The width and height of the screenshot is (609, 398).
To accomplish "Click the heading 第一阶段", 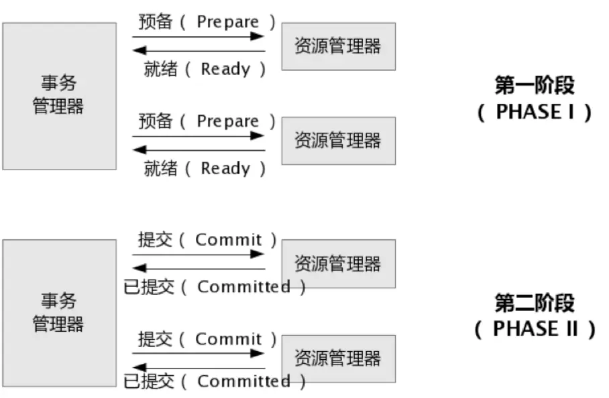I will click(534, 85).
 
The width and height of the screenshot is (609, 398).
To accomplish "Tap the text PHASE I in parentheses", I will click(534, 111).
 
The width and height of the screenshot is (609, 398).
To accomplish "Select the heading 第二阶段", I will click(534, 303).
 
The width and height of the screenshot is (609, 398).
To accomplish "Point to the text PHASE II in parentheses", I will click(534, 329).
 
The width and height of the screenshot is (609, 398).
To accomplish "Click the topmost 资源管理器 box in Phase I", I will click(338, 46).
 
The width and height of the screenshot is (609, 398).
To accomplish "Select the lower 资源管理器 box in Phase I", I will click(338, 141).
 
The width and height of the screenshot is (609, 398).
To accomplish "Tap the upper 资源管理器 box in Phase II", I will click(338, 263).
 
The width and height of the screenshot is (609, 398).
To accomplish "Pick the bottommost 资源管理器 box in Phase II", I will click(338, 358).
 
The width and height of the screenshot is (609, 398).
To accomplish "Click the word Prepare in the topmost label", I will click(227, 21).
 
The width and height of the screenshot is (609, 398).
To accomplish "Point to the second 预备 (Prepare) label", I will click(207, 121).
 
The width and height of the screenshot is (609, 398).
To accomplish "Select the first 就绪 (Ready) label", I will click(205, 69).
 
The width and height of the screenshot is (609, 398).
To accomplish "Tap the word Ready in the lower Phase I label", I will click(225, 168).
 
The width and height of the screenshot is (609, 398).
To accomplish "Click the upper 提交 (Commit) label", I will click(207, 240).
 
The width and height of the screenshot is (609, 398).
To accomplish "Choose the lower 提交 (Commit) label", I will click(207, 339).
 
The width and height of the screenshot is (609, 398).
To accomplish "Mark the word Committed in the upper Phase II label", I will click(243, 287).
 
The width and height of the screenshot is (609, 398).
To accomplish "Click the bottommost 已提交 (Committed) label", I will click(215, 382).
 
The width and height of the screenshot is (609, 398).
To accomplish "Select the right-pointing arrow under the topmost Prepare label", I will click(199, 36).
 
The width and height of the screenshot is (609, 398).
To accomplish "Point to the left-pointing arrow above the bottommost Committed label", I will click(199, 367).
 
